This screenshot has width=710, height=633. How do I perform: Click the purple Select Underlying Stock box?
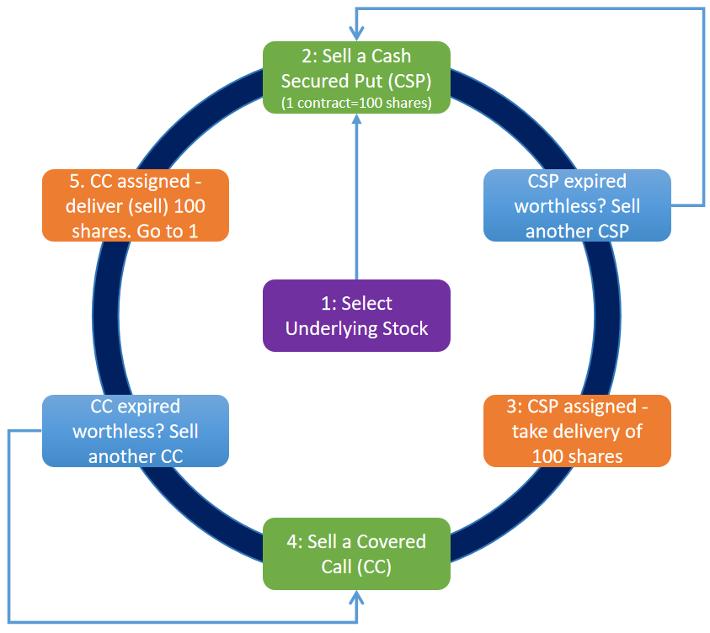[x=356, y=316]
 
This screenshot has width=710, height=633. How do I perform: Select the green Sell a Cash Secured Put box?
[x=356, y=78]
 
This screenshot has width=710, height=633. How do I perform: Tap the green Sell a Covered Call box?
[x=356, y=553]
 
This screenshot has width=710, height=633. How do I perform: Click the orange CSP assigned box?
[x=577, y=431]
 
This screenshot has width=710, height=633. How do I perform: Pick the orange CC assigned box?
[x=135, y=205]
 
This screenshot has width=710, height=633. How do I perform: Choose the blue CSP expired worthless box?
[x=577, y=205]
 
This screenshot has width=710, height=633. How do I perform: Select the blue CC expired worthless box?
[x=135, y=431]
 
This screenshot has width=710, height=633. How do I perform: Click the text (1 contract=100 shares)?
[x=356, y=104]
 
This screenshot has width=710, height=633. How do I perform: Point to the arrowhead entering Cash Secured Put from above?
[x=356, y=35]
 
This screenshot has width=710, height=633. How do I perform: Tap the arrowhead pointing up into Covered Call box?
[x=356, y=597]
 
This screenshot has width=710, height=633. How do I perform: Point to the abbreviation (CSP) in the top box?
[x=410, y=81]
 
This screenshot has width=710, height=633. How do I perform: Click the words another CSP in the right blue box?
[x=577, y=231]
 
